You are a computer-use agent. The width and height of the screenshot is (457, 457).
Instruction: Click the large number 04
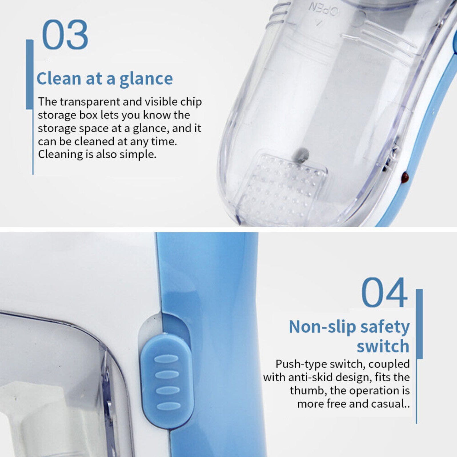coord(384,292)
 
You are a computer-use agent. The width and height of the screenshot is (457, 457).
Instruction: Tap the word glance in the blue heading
coord(146,79)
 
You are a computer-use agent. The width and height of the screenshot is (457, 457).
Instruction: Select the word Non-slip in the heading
coord(322,327)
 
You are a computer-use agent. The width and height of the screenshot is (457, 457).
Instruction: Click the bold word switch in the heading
coord(383,346)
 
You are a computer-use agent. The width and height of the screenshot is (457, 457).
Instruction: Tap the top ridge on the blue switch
coord(166,358)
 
